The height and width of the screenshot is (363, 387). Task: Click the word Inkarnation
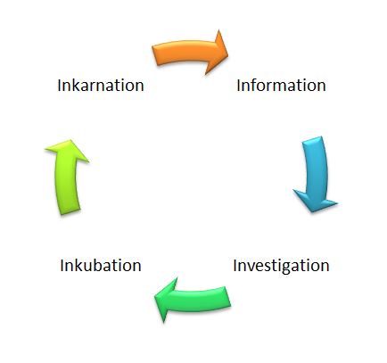[101, 86]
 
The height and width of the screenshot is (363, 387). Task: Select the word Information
[281, 86]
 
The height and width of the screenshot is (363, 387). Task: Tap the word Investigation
[281, 266]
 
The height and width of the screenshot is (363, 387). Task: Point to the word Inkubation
[101, 266]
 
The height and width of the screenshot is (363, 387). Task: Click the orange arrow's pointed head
[227, 54]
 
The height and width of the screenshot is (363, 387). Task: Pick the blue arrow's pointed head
[313, 212]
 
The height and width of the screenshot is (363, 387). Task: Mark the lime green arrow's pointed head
[70, 140]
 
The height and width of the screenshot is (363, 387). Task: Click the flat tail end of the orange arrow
[154, 55]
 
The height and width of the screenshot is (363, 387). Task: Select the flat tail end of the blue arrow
[312, 139]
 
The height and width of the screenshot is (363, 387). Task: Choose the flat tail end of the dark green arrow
[228, 296]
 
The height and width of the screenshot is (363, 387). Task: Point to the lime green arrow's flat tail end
[70, 211]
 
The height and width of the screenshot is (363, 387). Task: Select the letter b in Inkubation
[94, 265]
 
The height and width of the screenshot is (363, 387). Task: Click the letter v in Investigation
[252, 267]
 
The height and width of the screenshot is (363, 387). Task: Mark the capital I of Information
[238, 86]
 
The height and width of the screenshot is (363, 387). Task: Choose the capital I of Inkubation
[62, 266]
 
